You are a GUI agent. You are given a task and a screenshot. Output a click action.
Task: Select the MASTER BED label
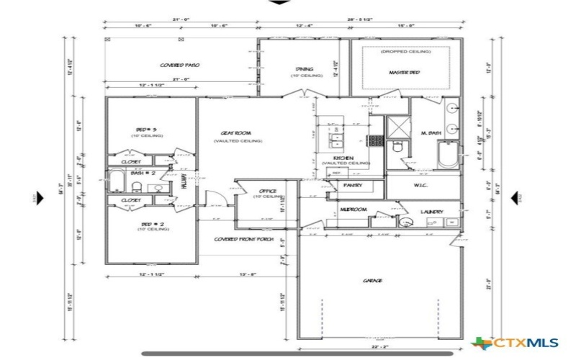point(404,73)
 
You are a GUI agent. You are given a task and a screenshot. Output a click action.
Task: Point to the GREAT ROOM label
point(235,133)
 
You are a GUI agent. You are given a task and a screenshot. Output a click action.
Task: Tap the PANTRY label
point(352,186)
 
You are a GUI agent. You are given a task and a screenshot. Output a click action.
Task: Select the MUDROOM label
point(354,210)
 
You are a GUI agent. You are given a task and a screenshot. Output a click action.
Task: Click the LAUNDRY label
point(432,212)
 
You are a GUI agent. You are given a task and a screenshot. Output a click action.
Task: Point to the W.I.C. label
point(422,184)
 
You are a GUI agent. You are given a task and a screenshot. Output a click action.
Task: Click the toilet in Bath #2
point(137,186)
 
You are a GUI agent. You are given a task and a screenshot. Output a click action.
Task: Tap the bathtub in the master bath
point(448,153)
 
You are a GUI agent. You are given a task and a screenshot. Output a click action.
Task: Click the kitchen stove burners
point(374,140)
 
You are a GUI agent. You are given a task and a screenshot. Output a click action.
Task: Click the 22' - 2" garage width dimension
point(380,346)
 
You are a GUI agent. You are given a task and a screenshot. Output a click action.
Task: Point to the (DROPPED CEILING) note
point(405,52)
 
